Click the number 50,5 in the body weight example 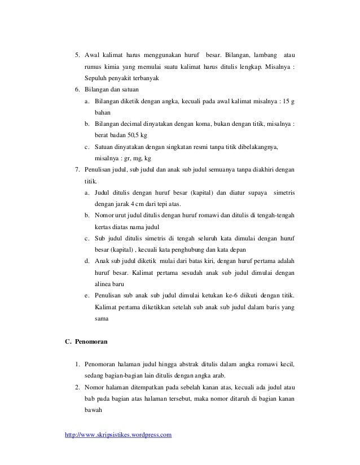tap(131, 135)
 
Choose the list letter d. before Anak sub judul tap(87, 261)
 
